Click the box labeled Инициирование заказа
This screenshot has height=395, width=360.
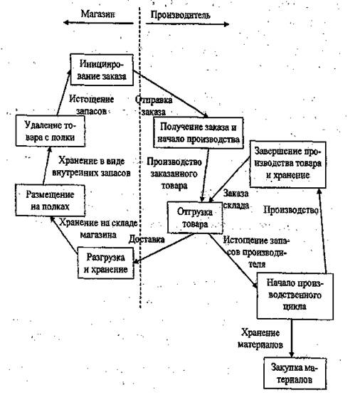point(102,70)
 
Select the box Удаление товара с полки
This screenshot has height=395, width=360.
point(50,131)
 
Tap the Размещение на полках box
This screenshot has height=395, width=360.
point(50,200)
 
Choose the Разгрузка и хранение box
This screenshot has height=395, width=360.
point(106,263)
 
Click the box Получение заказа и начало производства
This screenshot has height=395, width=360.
point(198,132)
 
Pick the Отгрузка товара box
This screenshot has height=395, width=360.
point(195,217)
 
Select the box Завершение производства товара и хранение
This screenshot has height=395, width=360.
point(287,164)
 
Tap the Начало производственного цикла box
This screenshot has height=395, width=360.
point(295,296)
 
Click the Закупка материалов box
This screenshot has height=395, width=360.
point(295,374)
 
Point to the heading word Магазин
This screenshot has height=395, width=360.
point(97,14)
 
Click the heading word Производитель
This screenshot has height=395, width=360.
point(180,16)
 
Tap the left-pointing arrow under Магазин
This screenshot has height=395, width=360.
point(98,23)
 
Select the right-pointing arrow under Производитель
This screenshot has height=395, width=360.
point(187,24)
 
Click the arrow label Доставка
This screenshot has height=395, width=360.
point(147,239)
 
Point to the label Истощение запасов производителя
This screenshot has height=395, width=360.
point(256,252)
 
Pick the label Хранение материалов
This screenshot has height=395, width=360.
point(260,338)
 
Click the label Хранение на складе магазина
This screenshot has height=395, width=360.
point(98,228)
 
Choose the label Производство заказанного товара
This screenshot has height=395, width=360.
point(174,174)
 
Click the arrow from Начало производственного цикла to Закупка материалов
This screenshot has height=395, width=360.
point(292,338)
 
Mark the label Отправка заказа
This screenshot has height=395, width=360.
point(154,106)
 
